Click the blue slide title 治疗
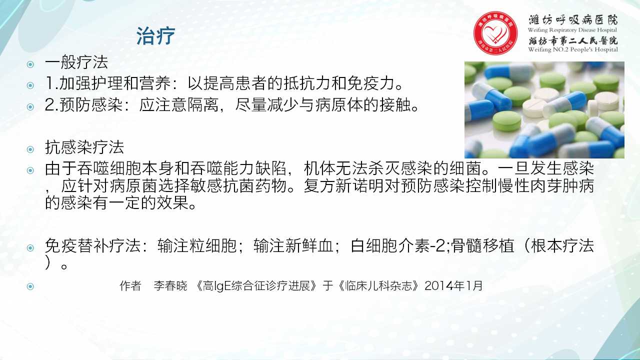coord(155,36)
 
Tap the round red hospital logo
coord(495,33)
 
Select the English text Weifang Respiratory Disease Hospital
coord(572,30)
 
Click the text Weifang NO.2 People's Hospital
coord(573,49)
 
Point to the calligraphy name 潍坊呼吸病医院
coord(573,20)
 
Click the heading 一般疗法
coord(76,62)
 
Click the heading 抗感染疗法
coord(84,147)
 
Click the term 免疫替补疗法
coord(92,245)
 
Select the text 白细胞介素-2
coord(398,245)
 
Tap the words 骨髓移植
coord(480,245)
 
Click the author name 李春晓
coord(170,285)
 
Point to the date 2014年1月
coord(453,285)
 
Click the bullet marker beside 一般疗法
coord(30,64)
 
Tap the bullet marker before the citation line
coord(30,286)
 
